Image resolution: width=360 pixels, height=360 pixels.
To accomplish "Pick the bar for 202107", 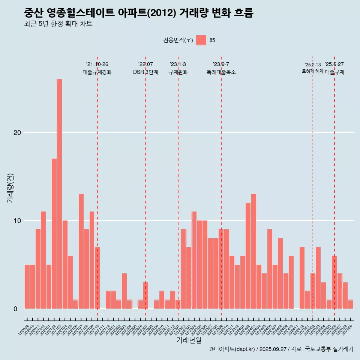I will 81,251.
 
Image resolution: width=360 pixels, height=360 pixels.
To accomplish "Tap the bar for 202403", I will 253,251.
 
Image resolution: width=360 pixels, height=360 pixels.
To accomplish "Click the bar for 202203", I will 124,291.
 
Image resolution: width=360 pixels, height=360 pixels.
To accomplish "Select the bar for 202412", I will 302,277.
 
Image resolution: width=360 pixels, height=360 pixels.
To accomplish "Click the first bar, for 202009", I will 27,286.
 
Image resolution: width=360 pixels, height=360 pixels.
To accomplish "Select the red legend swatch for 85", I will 201,40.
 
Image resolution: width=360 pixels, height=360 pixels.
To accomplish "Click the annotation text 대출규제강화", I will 97,72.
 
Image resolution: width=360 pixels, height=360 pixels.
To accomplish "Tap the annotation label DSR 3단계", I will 145,72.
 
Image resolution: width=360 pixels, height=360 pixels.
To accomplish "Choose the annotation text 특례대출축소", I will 221,72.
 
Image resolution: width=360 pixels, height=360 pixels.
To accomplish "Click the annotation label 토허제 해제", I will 312,71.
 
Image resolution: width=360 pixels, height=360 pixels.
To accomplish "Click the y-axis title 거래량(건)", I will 10,188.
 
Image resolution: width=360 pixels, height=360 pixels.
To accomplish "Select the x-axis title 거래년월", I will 189,340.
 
